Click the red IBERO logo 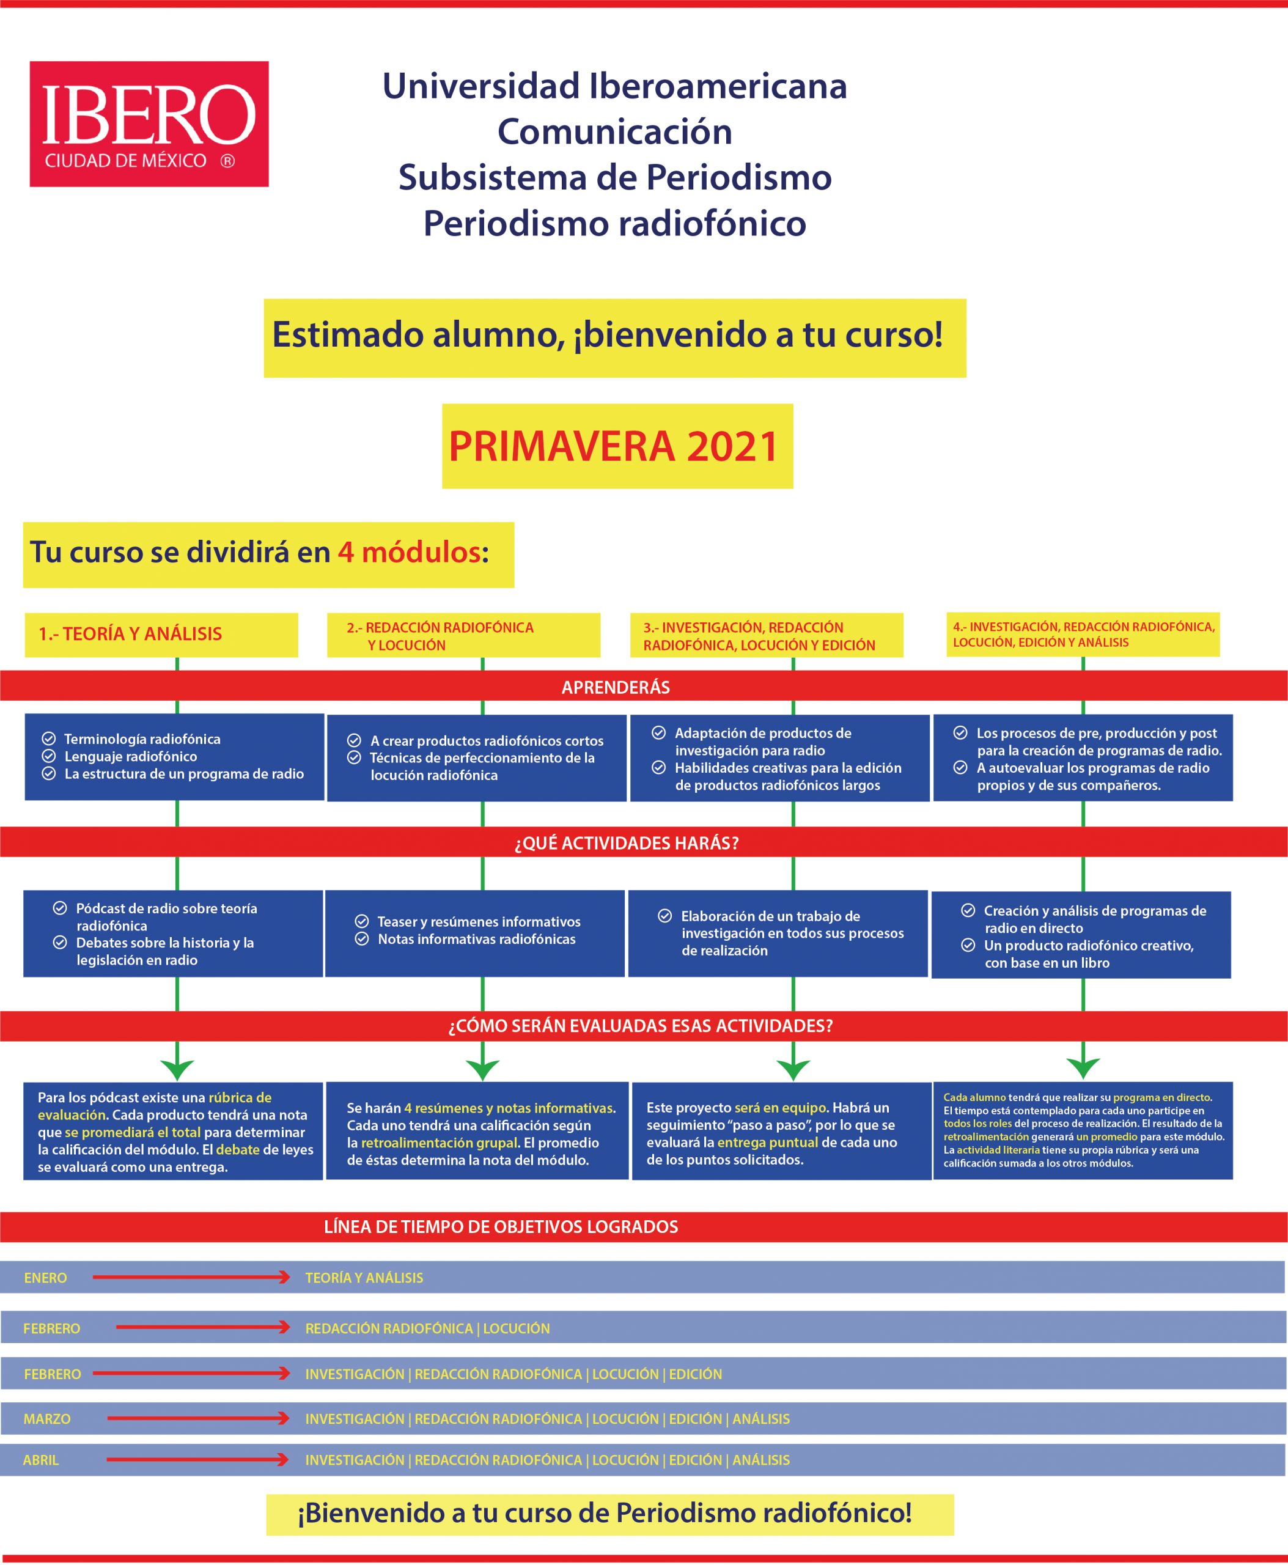click(149, 124)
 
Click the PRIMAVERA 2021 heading click(614, 447)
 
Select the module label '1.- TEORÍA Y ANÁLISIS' click(131, 634)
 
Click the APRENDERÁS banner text click(615, 687)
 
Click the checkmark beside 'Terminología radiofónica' click(49, 738)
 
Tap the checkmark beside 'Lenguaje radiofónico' click(49, 756)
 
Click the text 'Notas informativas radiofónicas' click(476, 940)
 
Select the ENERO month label click(45, 1278)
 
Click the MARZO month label click(46, 1419)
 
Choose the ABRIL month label click(41, 1460)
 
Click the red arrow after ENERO click(191, 1277)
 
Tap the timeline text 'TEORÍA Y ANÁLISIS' click(364, 1278)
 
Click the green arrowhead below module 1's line click(177, 1070)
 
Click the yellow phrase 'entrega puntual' click(767, 1143)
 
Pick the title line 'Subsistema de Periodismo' click(614, 178)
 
